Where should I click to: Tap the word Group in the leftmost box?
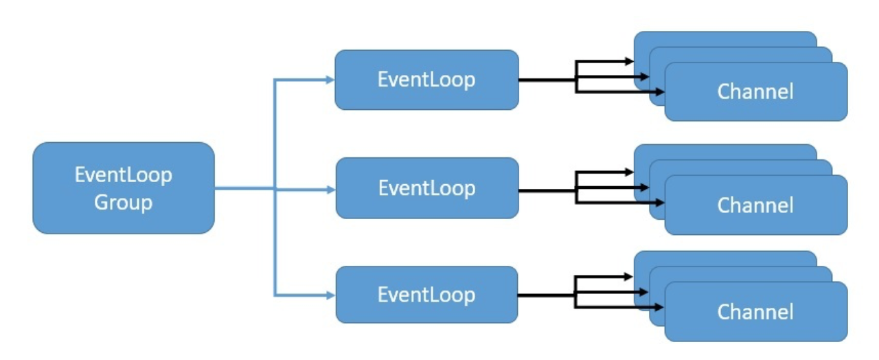click(124, 203)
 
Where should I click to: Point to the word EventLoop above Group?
click(124, 175)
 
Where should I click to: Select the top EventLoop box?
click(426, 80)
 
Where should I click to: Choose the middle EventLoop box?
click(426, 188)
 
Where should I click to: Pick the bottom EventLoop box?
click(426, 295)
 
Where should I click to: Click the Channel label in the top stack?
click(755, 91)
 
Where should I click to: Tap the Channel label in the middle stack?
click(755, 205)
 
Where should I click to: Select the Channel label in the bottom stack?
click(755, 312)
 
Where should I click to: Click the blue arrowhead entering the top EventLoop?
click(330, 80)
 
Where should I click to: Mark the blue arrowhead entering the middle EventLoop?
click(330, 188)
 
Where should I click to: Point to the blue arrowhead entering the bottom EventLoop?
click(330, 295)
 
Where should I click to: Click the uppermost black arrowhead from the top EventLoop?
click(629, 61)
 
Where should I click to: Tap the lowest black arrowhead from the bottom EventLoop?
click(661, 310)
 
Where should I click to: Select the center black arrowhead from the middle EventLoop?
click(645, 188)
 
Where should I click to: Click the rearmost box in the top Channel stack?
click(721, 39)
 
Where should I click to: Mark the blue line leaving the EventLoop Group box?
click(244, 188)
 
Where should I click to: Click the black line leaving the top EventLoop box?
click(546, 80)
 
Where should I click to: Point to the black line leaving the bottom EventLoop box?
click(546, 295)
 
